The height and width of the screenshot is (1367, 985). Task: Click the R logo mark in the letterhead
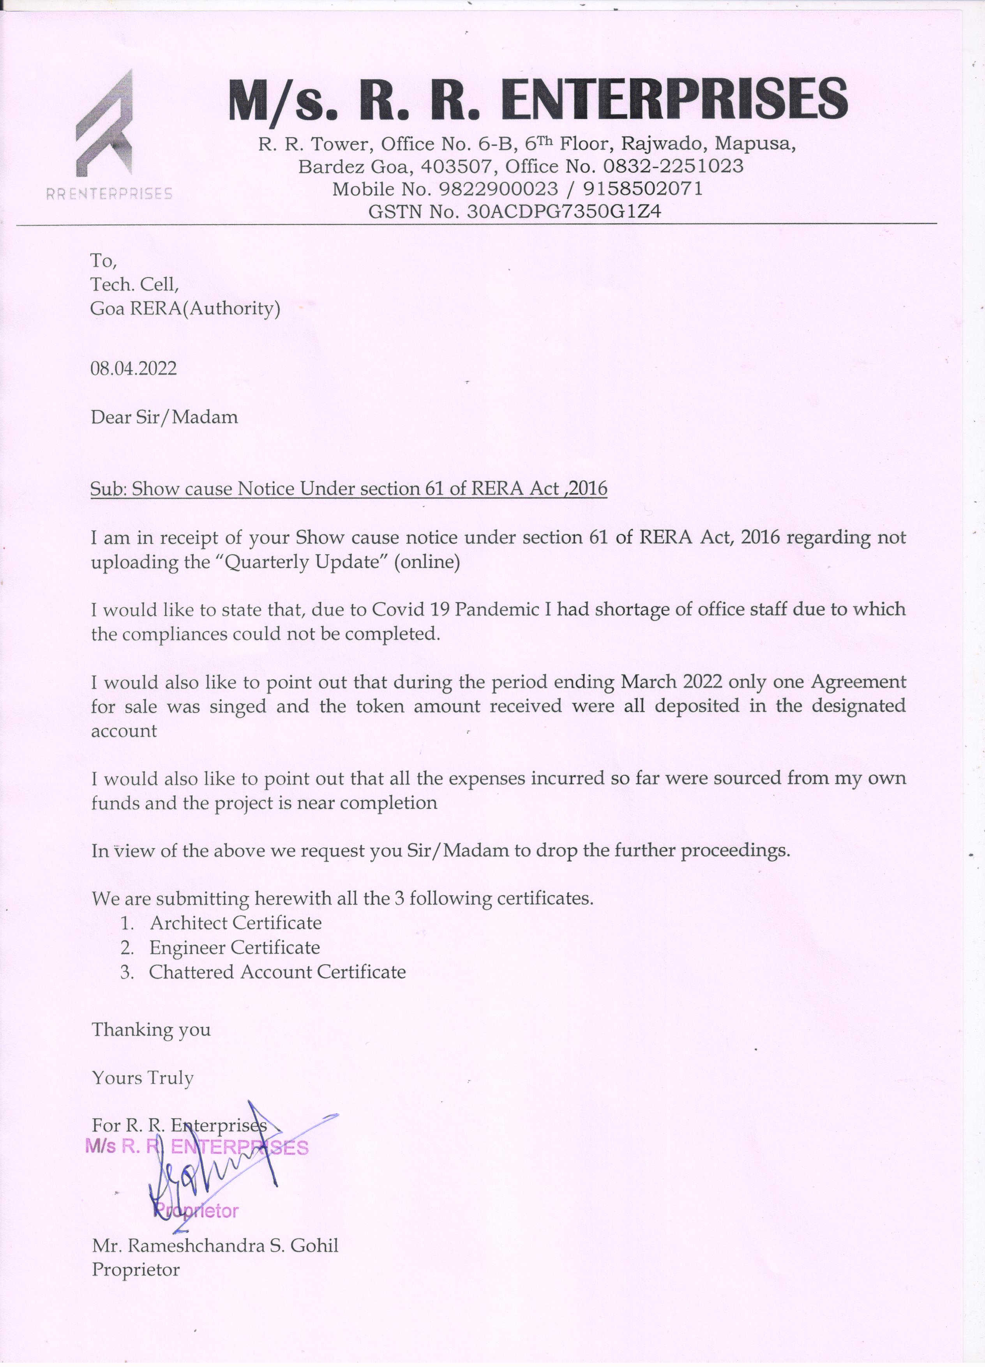point(104,124)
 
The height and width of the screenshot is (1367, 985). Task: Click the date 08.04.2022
point(134,368)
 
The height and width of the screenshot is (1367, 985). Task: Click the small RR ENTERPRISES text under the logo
point(109,194)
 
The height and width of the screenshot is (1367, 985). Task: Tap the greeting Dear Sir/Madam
point(164,417)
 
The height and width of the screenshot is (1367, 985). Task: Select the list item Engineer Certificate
point(234,948)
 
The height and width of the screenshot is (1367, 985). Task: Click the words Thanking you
point(151,1029)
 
